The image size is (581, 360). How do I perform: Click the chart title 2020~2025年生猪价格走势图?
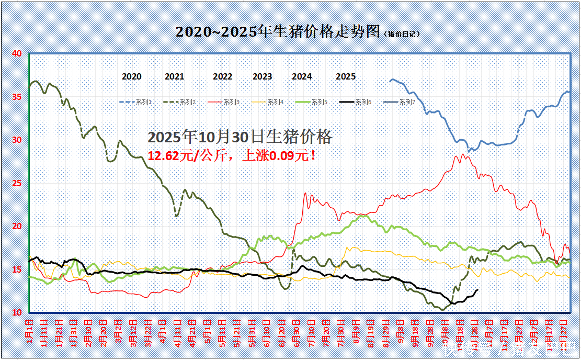(x=277, y=32)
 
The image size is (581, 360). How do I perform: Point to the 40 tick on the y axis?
(x=17, y=53)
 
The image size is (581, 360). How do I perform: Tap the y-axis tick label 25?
(x=17, y=183)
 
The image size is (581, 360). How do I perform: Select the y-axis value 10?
(x=17, y=312)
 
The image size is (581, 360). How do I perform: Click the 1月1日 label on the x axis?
(x=29, y=332)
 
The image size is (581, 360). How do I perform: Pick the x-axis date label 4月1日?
(x=163, y=332)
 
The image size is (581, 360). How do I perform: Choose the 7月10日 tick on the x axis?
(x=312, y=333)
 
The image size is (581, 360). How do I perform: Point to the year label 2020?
(x=132, y=76)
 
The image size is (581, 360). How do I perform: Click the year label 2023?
(x=263, y=76)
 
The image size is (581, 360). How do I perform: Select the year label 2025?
(x=346, y=76)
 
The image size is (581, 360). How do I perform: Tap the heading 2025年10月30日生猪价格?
(x=240, y=137)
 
